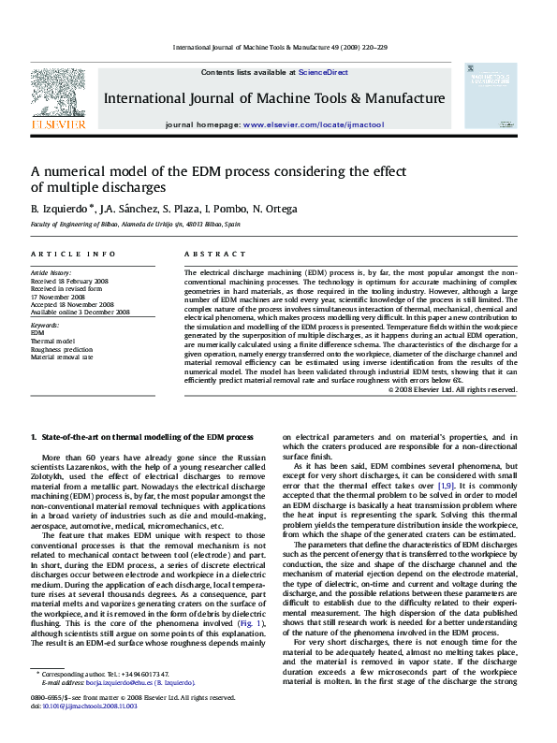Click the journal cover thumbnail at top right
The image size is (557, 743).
(x=490, y=95)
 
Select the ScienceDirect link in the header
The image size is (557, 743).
(x=323, y=72)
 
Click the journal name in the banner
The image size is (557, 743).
(x=273, y=98)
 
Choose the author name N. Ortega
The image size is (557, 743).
(x=276, y=209)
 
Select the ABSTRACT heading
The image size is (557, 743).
(x=207, y=255)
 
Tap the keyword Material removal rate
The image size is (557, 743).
(x=62, y=357)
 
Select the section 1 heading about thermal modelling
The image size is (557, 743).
(x=142, y=437)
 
